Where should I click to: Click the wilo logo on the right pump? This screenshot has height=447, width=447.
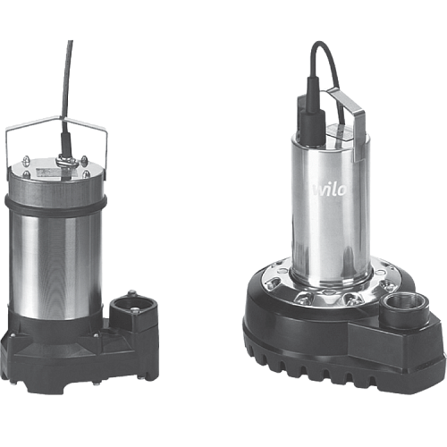tap(330, 190)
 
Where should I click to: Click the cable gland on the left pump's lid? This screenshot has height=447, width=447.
tap(68, 160)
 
